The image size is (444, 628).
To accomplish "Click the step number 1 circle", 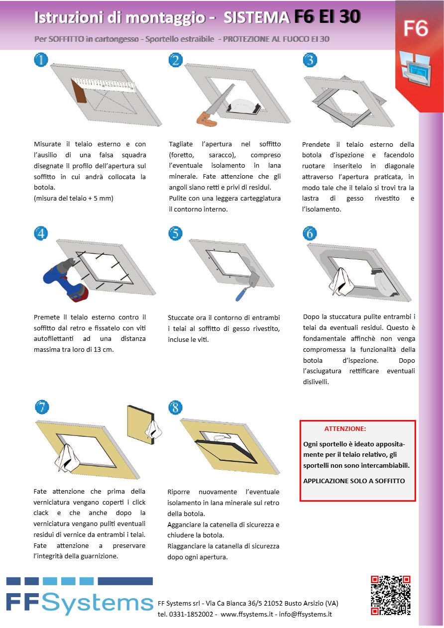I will pos(41,60).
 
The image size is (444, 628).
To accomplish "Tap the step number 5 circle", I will pos(176,233).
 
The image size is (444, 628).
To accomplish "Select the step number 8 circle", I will pos(176,408).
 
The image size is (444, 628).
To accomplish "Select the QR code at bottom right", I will pos(391,595).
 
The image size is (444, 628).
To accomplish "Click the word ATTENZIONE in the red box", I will pos(345,428).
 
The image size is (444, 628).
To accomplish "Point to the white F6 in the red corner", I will pos(415,29).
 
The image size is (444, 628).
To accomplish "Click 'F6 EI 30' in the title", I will pos(327,17).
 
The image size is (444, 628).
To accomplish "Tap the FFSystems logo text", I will pos(80,603).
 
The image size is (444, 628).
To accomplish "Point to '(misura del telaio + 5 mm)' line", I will pos(74,199).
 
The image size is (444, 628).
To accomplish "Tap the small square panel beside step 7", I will pos(142,423).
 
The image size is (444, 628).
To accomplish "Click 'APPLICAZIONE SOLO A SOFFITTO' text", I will pos(354,481).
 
